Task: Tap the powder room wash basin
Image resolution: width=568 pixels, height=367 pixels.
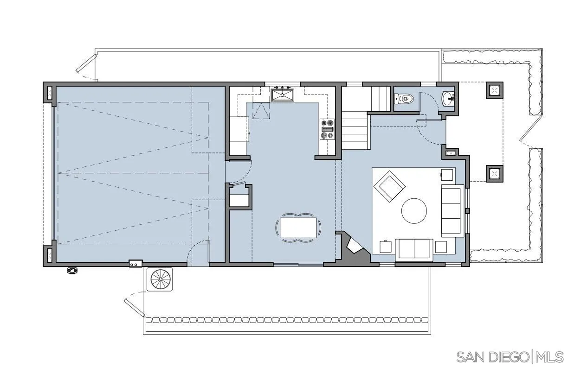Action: [448, 98]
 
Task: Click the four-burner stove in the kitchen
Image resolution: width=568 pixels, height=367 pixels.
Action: [327, 129]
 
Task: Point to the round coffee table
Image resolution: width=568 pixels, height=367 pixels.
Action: [414, 211]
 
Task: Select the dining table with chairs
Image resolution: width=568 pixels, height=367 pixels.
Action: [298, 228]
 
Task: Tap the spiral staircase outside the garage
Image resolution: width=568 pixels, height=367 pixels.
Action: [160, 279]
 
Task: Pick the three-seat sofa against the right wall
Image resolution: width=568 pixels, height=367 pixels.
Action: [452, 210]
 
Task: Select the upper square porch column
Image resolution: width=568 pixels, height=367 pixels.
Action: [495, 90]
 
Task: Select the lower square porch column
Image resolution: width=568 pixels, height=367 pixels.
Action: [495, 174]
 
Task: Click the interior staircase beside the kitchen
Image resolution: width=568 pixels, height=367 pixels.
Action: [356, 125]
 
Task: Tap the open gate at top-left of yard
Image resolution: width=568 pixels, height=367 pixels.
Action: [86, 66]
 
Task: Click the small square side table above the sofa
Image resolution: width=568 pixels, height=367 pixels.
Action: [446, 175]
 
